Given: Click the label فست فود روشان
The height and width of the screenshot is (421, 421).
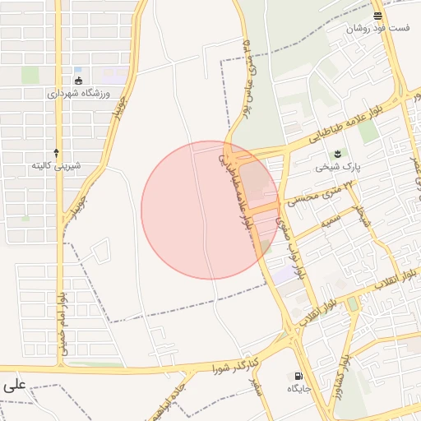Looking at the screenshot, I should coord(377,28).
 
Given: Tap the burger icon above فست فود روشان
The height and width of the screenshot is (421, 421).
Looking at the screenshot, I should coord(377,16).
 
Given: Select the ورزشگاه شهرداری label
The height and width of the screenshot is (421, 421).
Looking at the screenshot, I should coord(79,94).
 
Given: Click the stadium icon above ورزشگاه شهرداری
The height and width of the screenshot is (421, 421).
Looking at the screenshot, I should coord(79,81).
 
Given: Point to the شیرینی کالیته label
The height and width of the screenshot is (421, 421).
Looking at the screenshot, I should coord(56,165).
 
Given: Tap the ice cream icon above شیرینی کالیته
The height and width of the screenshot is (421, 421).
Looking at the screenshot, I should coord(56,153).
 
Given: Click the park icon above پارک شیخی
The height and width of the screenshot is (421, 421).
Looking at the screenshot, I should coord(337,154).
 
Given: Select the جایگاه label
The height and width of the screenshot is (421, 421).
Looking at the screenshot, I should coord(297,388).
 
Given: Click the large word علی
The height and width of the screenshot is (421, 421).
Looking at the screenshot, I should coord(14,384).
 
